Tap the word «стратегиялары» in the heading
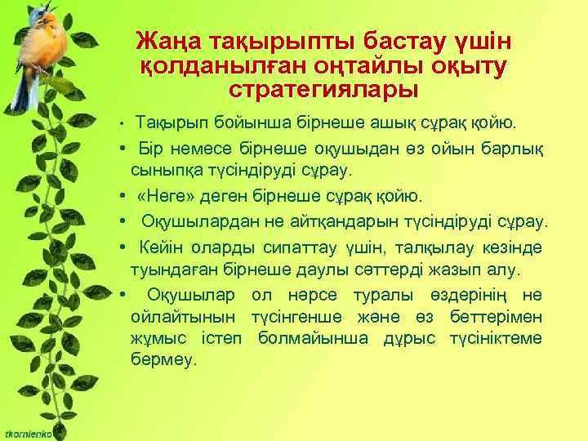[x=323, y=87]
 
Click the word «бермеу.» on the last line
[x=163, y=360]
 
